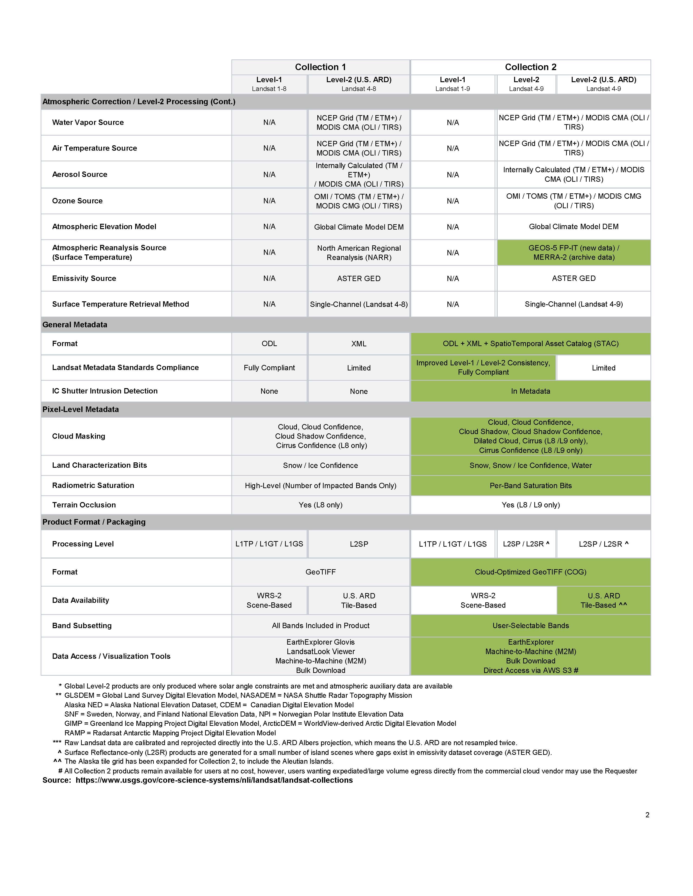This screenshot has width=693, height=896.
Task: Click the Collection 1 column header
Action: [320, 67]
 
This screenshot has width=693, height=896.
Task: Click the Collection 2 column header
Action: [530, 67]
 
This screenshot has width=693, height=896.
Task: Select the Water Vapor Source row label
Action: [88, 122]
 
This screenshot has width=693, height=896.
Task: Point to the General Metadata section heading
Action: [75, 325]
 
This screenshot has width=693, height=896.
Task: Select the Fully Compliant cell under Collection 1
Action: [269, 368]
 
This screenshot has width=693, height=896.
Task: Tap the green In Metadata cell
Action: [530, 391]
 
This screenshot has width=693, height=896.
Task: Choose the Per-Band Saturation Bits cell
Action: [530, 485]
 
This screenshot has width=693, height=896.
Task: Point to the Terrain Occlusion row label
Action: [84, 505]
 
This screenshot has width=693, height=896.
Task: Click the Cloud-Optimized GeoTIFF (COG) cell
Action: [530, 572]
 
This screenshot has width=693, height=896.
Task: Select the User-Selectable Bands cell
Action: [530, 625]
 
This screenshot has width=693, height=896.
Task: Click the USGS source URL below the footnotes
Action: [214, 780]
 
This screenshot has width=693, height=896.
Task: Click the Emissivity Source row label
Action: [84, 278]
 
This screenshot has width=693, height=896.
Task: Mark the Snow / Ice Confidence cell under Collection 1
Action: [320, 465]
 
